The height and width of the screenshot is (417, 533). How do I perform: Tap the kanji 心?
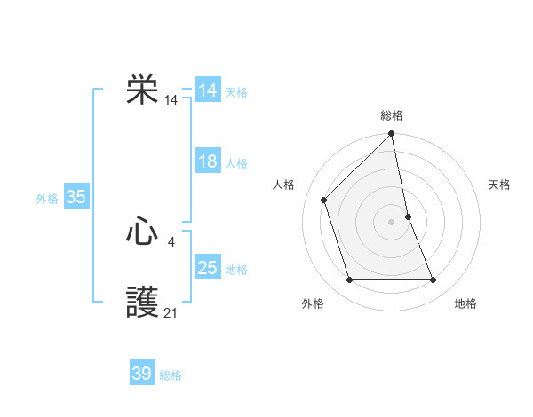142,232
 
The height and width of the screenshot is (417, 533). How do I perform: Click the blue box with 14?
207,90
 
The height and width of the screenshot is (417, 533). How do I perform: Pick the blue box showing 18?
207,161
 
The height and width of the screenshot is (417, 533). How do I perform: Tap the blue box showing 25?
207,268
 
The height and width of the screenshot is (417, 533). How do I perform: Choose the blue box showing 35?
76,197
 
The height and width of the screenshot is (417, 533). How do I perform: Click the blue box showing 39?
141,374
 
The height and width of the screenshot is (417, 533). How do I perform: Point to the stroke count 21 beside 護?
171,311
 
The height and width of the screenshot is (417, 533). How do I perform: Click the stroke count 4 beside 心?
171,240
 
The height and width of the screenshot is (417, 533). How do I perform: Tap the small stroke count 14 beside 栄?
171,100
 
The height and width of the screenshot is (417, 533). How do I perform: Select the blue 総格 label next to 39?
171,375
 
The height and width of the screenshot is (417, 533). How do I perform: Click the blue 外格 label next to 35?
47,199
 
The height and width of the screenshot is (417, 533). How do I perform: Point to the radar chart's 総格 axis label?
392,115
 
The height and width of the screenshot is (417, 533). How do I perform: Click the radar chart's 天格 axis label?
500,185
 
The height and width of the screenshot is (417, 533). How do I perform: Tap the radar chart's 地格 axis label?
465,303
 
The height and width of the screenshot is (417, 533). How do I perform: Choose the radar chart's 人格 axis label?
283,185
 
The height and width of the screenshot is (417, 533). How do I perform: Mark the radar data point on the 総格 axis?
392,134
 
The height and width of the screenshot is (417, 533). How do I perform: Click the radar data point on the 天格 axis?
408,216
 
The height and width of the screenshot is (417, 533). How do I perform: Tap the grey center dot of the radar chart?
391,221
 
